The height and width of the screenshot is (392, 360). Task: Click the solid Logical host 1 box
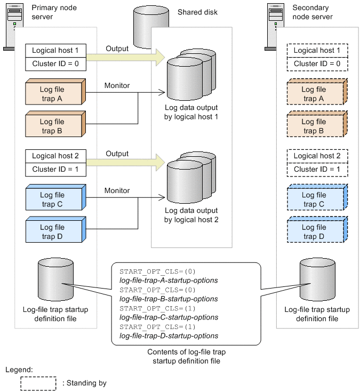(x=55, y=51)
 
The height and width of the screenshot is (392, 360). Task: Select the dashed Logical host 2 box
(x=317, y=156)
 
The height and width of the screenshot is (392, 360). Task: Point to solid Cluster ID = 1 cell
(x=55, y=170)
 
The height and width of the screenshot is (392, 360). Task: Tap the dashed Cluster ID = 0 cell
(x=317, y=64)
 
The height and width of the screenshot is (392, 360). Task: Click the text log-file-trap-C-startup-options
(x=169, y=317)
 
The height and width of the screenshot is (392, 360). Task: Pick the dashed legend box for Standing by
(x=38, y=383)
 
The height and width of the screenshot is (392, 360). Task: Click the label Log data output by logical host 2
(x=191, y=215)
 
